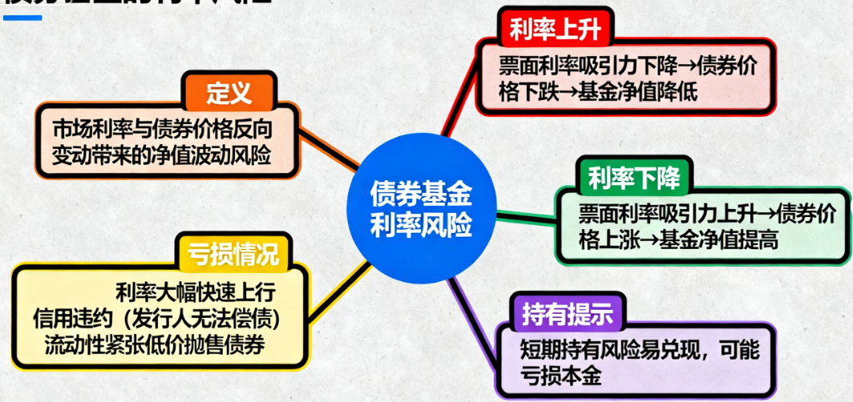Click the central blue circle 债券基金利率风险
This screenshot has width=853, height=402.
tap(420, 207)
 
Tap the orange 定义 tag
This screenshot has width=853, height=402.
tap(229, 94)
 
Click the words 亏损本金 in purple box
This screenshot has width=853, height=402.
tap(561, 376)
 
